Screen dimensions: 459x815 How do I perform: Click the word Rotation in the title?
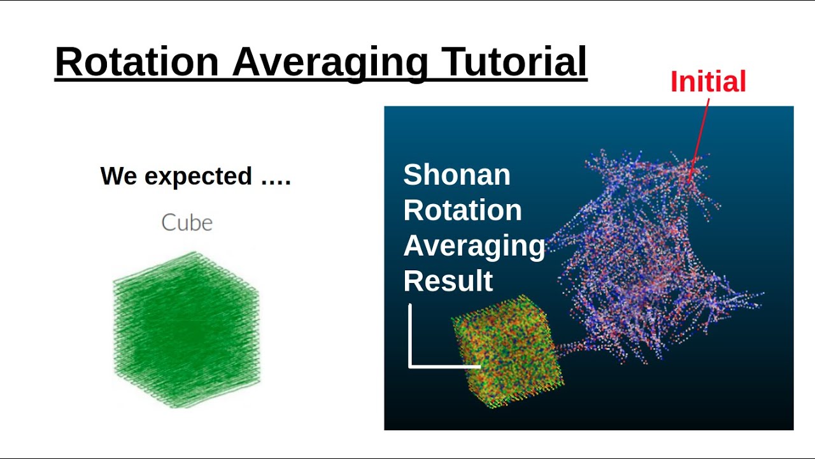click(136, 62)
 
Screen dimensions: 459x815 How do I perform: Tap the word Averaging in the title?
click(330, 62)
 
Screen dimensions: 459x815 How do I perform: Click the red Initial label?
click(708, 82)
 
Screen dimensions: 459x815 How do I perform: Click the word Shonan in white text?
click(457, 175)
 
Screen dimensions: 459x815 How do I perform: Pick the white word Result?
click(448, 280)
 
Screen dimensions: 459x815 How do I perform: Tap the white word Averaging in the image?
click(474, 245)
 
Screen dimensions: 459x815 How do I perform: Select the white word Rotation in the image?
click(462, 210)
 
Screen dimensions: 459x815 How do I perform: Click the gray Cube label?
click(187, 222)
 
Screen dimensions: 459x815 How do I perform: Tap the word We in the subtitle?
click(119, 176)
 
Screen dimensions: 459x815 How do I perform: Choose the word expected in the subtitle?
click(199, 176)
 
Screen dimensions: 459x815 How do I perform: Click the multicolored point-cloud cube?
click(506, 351)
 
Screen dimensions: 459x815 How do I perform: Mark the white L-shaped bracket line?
click(411, 344)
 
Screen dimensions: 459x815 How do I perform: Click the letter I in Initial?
click(674, 82)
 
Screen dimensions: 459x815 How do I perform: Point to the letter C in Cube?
click(169, 222)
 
